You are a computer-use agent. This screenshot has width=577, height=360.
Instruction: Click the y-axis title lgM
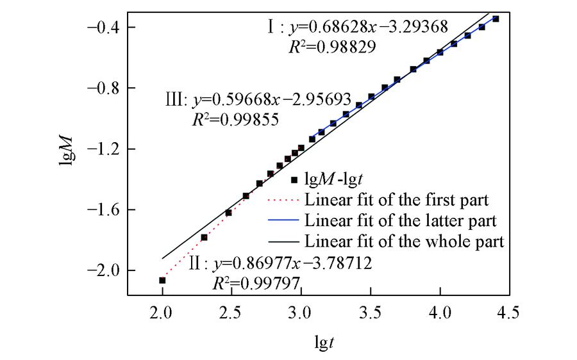tap(65, 161)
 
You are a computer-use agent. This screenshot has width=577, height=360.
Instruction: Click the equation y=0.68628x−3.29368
tap(368, 28)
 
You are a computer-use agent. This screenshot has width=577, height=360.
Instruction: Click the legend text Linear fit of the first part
tap(397, 200)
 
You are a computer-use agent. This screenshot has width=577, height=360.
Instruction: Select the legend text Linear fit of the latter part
tap(401, 221)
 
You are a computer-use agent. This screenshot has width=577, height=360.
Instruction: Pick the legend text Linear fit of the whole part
tap(405, 242)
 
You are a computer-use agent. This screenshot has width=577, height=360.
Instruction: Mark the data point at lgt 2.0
tap(162, 280)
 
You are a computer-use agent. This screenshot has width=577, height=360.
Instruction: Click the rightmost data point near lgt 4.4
tap(496, 19)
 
